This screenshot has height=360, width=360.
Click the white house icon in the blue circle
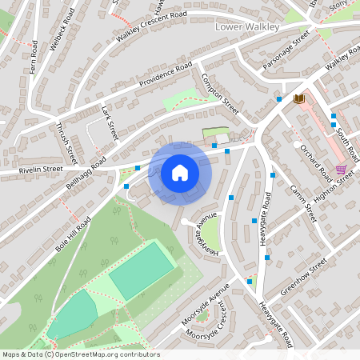tap(180, 172)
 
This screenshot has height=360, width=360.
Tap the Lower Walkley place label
tap(248, 27)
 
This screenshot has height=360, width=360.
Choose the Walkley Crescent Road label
tap(153, 26)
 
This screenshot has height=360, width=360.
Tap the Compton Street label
tap(220, 93)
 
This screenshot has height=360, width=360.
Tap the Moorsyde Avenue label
tap(205, 303)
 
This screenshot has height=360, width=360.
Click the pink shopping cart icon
tap(342, 170)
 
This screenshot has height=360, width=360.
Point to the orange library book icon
tap(300, 98)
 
